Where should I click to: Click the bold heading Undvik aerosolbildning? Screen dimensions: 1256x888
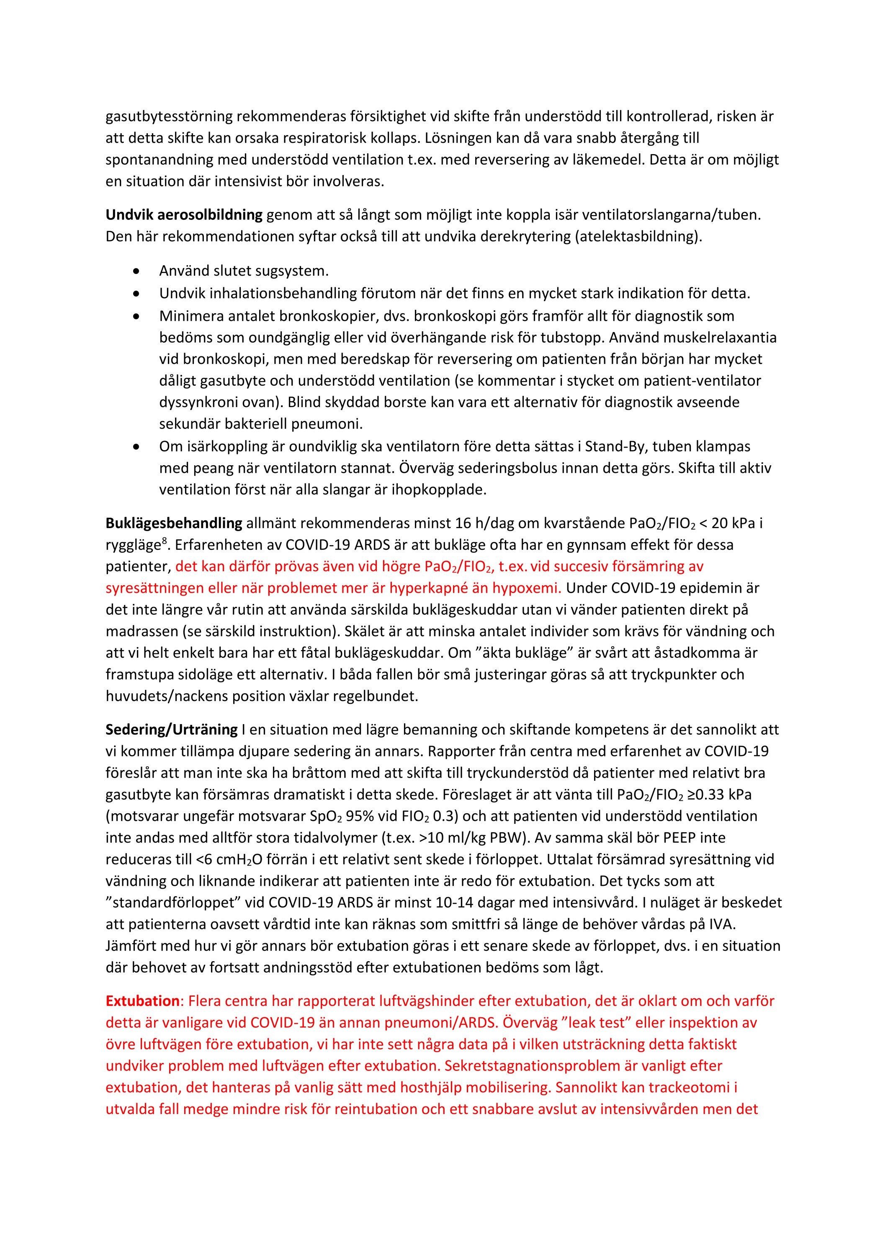[184, 215]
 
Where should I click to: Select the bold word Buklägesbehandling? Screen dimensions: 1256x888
[173, 523]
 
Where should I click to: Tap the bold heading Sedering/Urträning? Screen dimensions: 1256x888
[171, 729]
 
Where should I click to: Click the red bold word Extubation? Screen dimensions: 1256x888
[142, 1001]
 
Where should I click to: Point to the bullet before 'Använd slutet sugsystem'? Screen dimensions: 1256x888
[136, 271]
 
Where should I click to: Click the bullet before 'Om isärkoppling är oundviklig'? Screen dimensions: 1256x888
[136, 446]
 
